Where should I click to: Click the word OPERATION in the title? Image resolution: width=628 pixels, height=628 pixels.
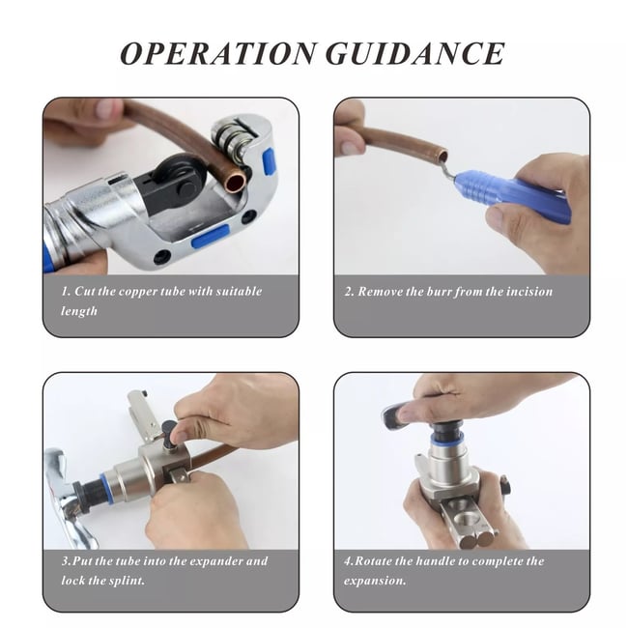(x=218, y=53)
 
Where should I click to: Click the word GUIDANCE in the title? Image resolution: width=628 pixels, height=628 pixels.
(x=415, y=53)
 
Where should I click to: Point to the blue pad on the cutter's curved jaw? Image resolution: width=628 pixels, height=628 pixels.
(x=268, y=161)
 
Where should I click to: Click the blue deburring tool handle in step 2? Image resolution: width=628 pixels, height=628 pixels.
(x=513, y=193)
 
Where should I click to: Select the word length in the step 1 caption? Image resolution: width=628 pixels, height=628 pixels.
(x=79, y=311)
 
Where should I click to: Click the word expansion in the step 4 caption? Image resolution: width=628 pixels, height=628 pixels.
(x=375, y=581)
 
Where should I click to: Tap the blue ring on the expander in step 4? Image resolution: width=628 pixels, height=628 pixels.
(x=447, y=440)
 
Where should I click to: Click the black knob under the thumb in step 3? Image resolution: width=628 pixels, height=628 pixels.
(x=170, y=436)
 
